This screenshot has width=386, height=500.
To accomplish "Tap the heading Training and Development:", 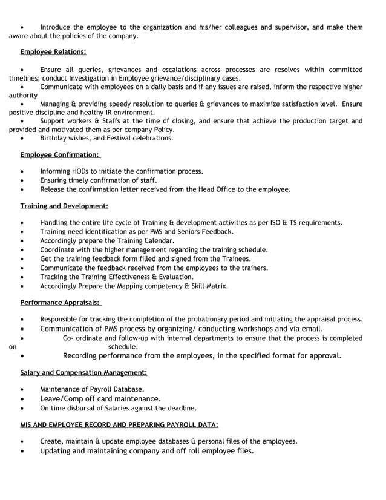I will (64, 206).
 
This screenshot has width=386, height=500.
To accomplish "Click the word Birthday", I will (55, 138).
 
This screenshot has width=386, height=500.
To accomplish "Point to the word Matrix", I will (215, 286).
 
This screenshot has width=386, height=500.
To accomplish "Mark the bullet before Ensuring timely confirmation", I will (22, 180).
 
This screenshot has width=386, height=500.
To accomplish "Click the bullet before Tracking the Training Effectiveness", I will (22, 277).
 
